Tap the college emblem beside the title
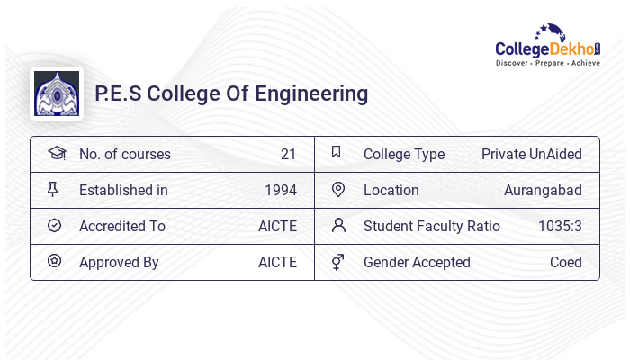(56, 94)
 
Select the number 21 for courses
(288, 154)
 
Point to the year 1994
(280, 190)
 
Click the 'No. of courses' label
(124, 154)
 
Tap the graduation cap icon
(56, 153)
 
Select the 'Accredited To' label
(122, 226)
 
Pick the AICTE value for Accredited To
(277, 226)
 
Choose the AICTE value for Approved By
(277, 262)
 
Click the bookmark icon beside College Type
(337, 152)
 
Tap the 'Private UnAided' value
(531, 154)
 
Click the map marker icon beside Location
(338, 189)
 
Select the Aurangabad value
(543, 190)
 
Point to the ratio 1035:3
(560, 226)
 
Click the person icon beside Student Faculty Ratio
(338, 225)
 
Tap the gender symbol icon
(338, 262)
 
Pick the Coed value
(565, 262)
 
